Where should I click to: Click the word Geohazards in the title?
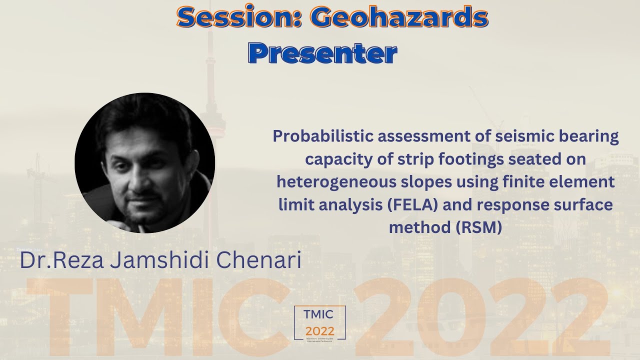[x=398, y=18]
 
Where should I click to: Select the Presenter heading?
[x=322, y=53]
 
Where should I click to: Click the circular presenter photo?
[x=145, y=163]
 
